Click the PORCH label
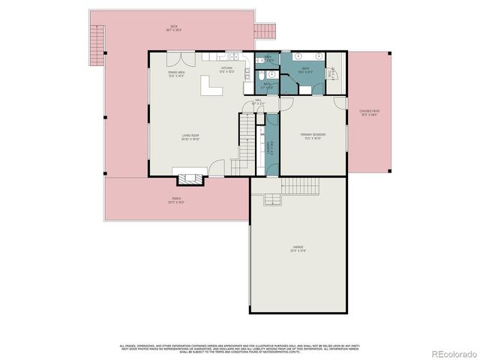(175, 201)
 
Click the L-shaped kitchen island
(211, 89)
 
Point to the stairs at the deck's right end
(265, 32)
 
